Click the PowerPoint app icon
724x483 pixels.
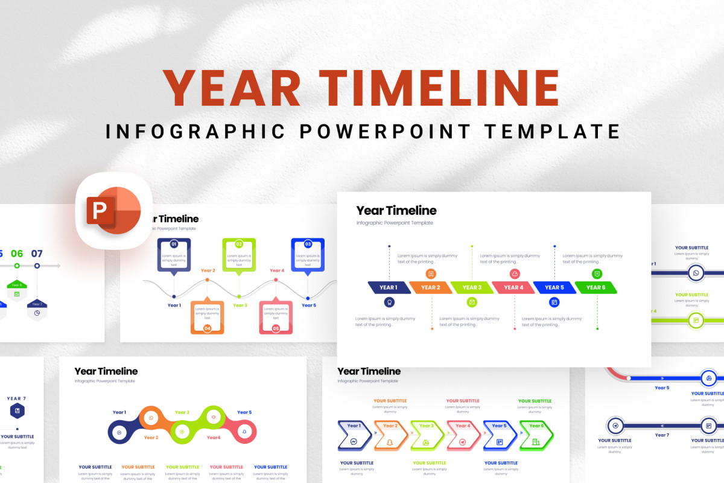[x=114, y=210]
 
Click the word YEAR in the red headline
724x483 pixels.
[x=232, y=89]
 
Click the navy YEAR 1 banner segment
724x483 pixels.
[x=388, y=287]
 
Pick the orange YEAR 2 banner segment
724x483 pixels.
[x=430, y=287]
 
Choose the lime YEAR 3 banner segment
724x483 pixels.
[x=472, y=287]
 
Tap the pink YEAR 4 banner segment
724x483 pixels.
[x=513, y=287]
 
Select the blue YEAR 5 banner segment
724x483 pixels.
[x=554, y=287]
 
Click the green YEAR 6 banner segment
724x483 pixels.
[x=596, y=287]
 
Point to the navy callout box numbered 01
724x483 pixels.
[x=174, y=255]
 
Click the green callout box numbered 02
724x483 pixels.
[x=239, y=255]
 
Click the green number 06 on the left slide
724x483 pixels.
[x=17, y=254]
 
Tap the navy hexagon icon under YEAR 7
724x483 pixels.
[x=17, y=411]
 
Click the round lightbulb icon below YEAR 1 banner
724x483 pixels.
[x=389, y=302]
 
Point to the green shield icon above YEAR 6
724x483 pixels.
[x=597, y=273]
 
